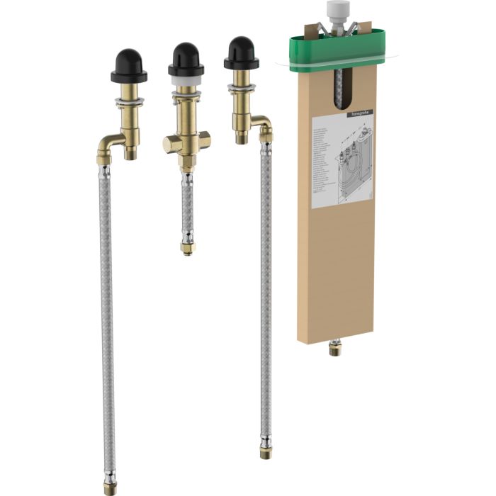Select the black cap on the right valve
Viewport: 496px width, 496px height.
(x=241, y=53)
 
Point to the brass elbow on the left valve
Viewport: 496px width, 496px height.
(x=108, y=145)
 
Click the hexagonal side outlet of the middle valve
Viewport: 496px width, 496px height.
(x=171, y=144)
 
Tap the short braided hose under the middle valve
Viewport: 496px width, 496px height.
(x=187, y=205)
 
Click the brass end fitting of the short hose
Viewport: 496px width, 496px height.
(x=187, y=247)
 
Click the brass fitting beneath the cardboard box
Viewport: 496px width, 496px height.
(x=334, y=347)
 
